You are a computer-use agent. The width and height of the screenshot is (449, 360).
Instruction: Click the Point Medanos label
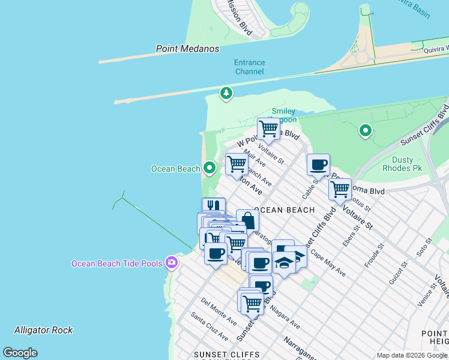click(x=187, y=49)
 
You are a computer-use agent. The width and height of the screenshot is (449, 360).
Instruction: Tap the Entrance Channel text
click(x=249, y=67)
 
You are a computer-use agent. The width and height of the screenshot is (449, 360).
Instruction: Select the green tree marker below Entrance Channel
click(x=226, y=93)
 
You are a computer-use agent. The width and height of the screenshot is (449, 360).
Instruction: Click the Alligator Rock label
click(x=43, y=330)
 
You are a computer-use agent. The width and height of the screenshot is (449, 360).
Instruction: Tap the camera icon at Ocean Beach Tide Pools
click(x=172, y=262)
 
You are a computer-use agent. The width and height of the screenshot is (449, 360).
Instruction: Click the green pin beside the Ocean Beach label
click(x=209, y=168)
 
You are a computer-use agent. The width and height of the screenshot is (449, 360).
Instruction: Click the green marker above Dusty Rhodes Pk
click(x=365, y=130)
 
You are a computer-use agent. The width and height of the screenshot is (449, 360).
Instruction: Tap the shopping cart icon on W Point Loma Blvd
click(x=268, y=128)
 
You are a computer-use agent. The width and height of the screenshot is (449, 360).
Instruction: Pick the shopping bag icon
click(x=247, y=220)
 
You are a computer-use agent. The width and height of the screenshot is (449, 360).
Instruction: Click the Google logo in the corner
click(x=20, y=353)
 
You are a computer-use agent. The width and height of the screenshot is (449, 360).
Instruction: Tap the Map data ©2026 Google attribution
click(x=412, y=355)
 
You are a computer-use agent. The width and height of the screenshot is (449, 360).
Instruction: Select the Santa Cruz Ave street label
click(x=209, y=326)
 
